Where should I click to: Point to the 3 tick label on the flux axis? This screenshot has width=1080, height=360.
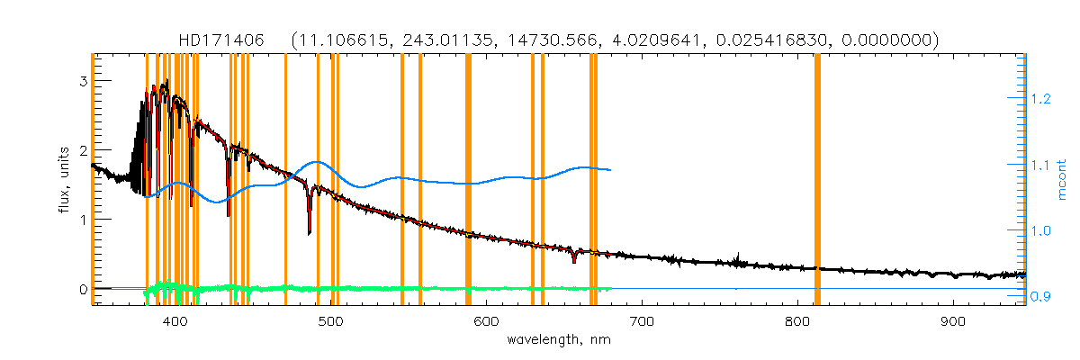click(x=82, y=81)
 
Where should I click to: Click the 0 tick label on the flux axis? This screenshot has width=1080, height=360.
click(x=82, y=290)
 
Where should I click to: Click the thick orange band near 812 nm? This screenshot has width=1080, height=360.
click(x=817, y=180)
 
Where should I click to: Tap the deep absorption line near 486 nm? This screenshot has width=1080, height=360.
click(x=309, y=229)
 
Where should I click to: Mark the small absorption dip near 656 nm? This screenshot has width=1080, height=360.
click(x=573, y=259)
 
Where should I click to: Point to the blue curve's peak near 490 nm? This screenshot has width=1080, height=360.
click(x=316, y=162)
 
